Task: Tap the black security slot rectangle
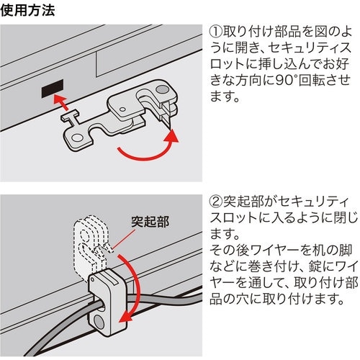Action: [51, 91]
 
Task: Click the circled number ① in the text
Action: [216, 32]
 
